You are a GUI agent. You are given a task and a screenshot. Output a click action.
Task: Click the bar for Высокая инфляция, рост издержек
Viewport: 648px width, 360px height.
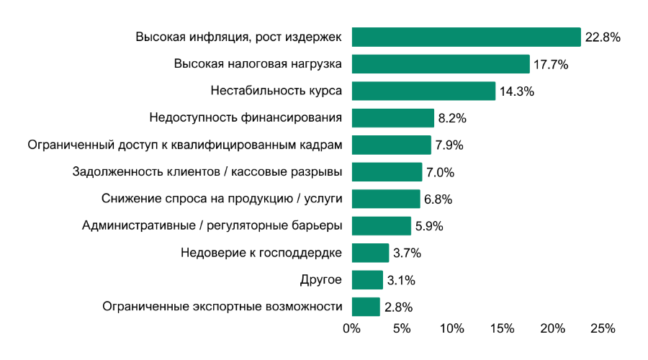466,37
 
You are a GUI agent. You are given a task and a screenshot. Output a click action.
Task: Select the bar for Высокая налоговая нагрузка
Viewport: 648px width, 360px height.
440,64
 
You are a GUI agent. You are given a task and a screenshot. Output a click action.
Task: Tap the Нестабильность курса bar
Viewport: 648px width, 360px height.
423,91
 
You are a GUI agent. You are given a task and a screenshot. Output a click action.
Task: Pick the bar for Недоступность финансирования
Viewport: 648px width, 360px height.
392,118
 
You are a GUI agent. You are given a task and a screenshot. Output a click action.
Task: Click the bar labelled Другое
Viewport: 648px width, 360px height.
367,280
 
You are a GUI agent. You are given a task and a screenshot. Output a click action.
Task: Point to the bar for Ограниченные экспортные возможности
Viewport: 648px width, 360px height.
366,307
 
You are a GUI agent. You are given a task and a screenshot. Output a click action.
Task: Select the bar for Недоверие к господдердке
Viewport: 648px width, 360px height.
370,253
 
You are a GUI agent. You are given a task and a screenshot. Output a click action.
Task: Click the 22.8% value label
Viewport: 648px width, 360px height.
603,37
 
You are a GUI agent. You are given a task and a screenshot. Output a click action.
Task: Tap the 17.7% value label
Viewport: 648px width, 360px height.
551,65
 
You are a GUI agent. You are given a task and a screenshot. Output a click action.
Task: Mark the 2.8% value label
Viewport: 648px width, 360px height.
398,307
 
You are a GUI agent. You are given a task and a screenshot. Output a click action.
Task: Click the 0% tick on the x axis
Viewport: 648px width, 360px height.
351,329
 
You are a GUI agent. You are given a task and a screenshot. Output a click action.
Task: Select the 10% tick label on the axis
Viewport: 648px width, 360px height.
451,329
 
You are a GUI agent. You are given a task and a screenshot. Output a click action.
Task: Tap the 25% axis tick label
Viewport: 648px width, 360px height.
603,329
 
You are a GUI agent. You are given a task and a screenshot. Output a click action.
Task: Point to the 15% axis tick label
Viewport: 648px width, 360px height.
502,329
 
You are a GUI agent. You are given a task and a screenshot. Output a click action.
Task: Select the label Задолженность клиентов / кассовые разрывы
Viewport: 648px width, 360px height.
207,172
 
